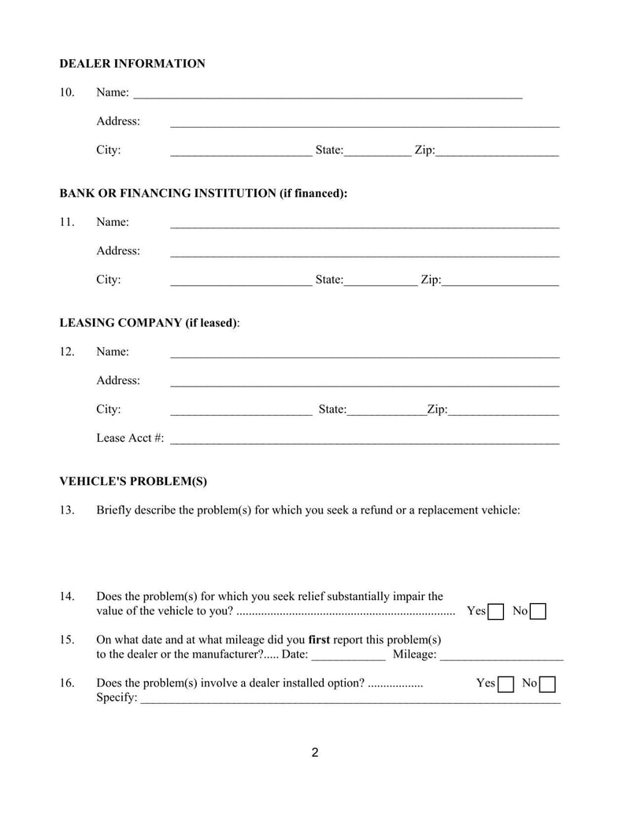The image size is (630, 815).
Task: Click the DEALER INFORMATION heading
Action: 132,64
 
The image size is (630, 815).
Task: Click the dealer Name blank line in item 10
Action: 328,94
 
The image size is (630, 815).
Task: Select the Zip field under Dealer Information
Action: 497,150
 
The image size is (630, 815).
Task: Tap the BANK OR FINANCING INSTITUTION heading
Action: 203,193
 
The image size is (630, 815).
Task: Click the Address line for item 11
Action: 365,252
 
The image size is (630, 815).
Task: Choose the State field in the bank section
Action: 380,280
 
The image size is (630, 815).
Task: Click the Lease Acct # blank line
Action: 365,439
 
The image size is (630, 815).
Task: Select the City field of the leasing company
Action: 241,410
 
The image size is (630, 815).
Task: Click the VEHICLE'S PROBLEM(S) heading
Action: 133,481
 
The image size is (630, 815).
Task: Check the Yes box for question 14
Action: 496,612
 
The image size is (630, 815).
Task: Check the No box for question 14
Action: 539,612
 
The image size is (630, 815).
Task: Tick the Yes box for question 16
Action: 506,684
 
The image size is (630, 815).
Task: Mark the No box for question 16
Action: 548,684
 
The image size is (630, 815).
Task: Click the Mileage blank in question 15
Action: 502,655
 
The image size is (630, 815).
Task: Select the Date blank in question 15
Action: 349,655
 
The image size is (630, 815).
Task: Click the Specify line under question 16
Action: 350,698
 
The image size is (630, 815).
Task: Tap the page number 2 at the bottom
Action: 315,753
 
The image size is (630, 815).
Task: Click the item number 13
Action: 67,510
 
